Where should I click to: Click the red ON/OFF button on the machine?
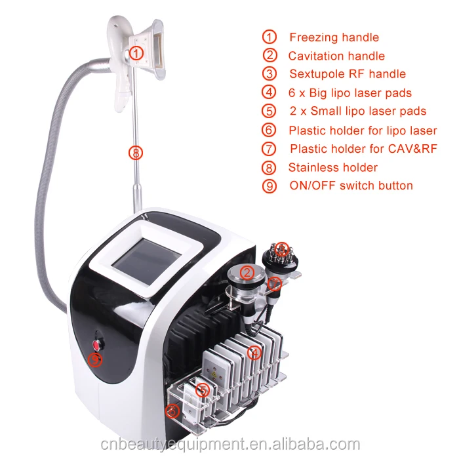coord(96,345)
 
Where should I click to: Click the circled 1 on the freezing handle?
coord(136,53)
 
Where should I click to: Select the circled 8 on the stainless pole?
coord(136,153)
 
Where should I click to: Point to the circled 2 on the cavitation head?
coord(247,273)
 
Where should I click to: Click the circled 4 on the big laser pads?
coord(254,352)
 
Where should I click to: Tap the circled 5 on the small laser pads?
coord(202,390)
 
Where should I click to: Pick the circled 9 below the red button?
coord(95,360)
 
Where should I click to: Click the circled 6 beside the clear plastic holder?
coord(172,410)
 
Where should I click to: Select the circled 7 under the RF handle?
coord(275,283)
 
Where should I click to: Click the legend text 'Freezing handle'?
coord(334,37)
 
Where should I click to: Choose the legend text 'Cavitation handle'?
coord(336,56)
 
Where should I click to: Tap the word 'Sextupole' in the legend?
coord(317,74)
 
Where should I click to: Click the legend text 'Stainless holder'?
coord(333,167)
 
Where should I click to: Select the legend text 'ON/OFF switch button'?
coord(351,186)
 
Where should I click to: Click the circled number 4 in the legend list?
coord(269,92)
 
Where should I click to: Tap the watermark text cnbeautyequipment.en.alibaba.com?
coord(230,444)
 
